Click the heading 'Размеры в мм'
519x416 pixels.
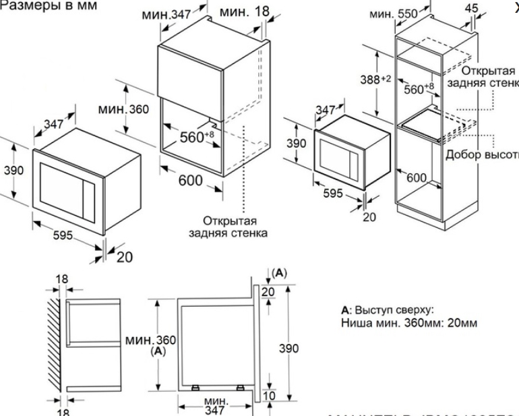coord(49,5)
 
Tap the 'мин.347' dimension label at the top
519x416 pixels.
coord(167,14)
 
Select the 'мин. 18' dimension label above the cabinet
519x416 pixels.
coord(243,12)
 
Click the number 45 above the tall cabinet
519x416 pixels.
coord(472,8)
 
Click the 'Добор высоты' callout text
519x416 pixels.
coord(481,154)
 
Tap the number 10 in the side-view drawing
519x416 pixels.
coord(269,395)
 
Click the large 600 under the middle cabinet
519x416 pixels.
coord(191,181)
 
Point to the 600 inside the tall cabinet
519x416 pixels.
coord(417,177)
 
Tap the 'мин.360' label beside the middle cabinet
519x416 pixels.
coord(122,109)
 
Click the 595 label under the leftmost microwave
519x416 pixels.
coord(62,237)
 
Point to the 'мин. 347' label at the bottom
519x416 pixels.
coord(215,405)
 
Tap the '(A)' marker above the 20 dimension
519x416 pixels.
coord(280,273)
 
